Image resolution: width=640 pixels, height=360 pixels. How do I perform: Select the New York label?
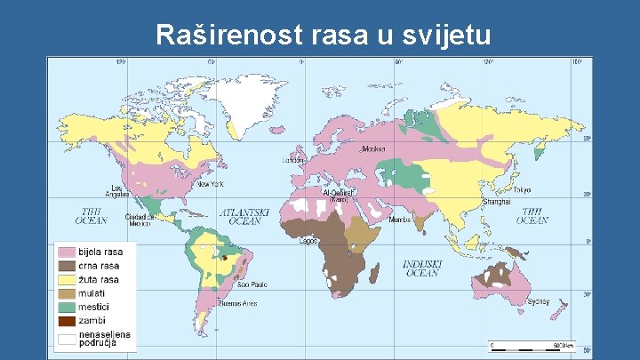click(x=210, y=184)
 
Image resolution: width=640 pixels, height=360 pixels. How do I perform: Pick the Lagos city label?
click(x=309, y=240)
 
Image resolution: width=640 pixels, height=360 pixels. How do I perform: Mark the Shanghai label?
click(x=496, y=203)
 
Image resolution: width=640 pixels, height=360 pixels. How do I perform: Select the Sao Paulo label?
click(x=252, y=284)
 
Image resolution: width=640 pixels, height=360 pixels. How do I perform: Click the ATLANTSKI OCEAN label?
click(x=244, y=217)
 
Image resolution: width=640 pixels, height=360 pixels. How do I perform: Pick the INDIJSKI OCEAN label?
click(x=421, y=268)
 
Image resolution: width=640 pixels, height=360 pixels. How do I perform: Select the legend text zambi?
click(x=92, y=320)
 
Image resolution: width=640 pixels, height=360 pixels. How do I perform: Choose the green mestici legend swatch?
click(x=67, y=307)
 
